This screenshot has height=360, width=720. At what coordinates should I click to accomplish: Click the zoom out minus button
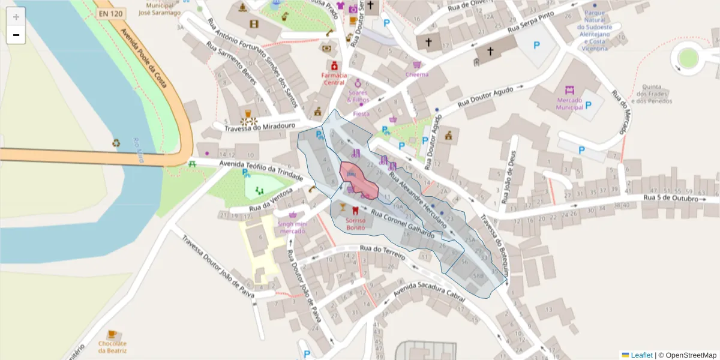(x=16, y=35)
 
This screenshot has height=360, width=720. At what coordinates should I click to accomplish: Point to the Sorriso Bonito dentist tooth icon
(x=355, y=210)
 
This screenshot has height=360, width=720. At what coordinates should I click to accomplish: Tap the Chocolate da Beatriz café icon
(x=112, y=334)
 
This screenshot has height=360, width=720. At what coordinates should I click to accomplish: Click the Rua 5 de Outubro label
(x=670, y=198)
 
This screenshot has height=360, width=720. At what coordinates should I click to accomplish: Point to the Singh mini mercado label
(x=293, y=227)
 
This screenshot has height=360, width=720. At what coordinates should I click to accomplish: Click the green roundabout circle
(x=688, y=58)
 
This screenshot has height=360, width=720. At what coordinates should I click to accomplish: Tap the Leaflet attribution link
(x=641, y=355)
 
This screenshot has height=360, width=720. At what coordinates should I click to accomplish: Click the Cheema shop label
(x=417, y=74)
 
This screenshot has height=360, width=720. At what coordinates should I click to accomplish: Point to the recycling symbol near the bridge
(x=116, y=143)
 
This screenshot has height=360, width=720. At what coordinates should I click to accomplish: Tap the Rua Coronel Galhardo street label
(x=402, y=223)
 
